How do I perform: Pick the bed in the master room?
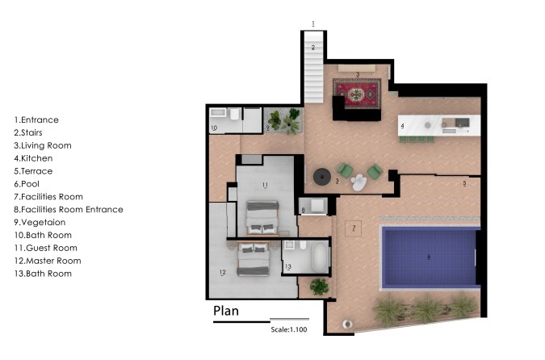point(253,258)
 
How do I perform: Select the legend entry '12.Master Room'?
point(47,261)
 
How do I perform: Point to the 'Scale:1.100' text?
point(288,329)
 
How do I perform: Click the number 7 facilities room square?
point(353,228)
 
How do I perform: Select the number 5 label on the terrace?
point(464,184)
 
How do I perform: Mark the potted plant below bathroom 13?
point(320,286)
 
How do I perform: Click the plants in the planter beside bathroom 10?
point(282,120)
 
